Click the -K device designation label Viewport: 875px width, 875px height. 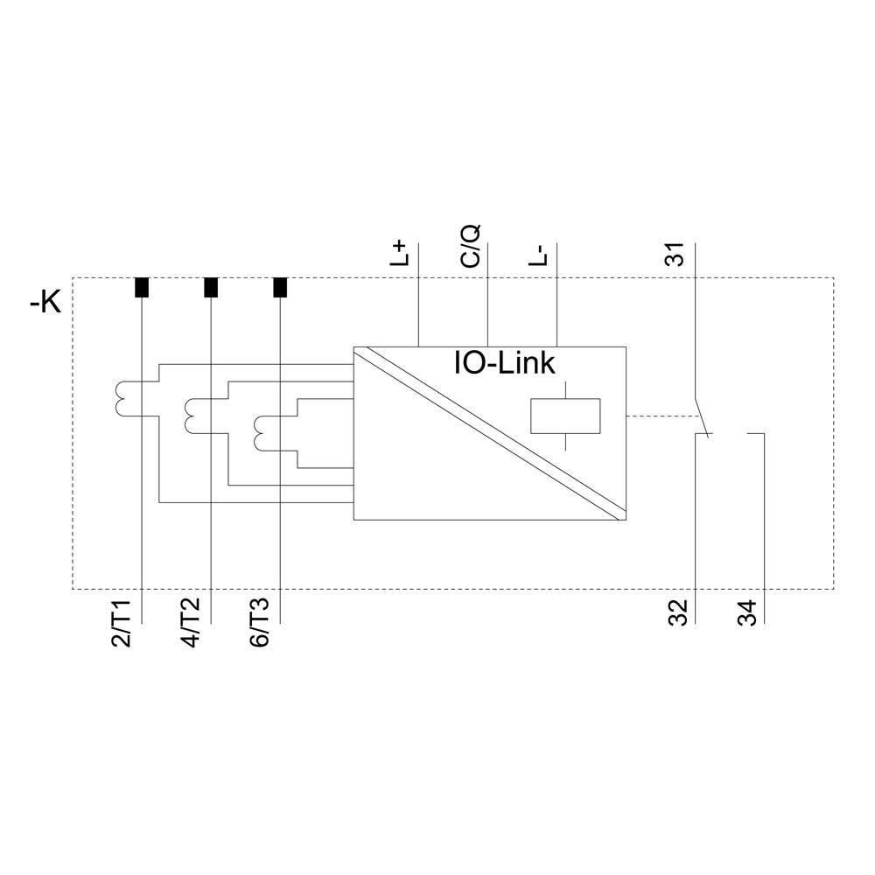pos(45,304)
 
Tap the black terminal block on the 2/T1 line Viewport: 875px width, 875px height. pos(141,288)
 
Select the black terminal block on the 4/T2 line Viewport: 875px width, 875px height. pos(210,288)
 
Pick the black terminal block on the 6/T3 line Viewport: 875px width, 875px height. pos(280,288)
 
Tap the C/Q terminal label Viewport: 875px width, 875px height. pos(471,245)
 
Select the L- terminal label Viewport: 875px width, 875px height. pos(540,254)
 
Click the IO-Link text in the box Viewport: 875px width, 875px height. pos(503,363)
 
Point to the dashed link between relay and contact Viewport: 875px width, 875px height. pos(661,416)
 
